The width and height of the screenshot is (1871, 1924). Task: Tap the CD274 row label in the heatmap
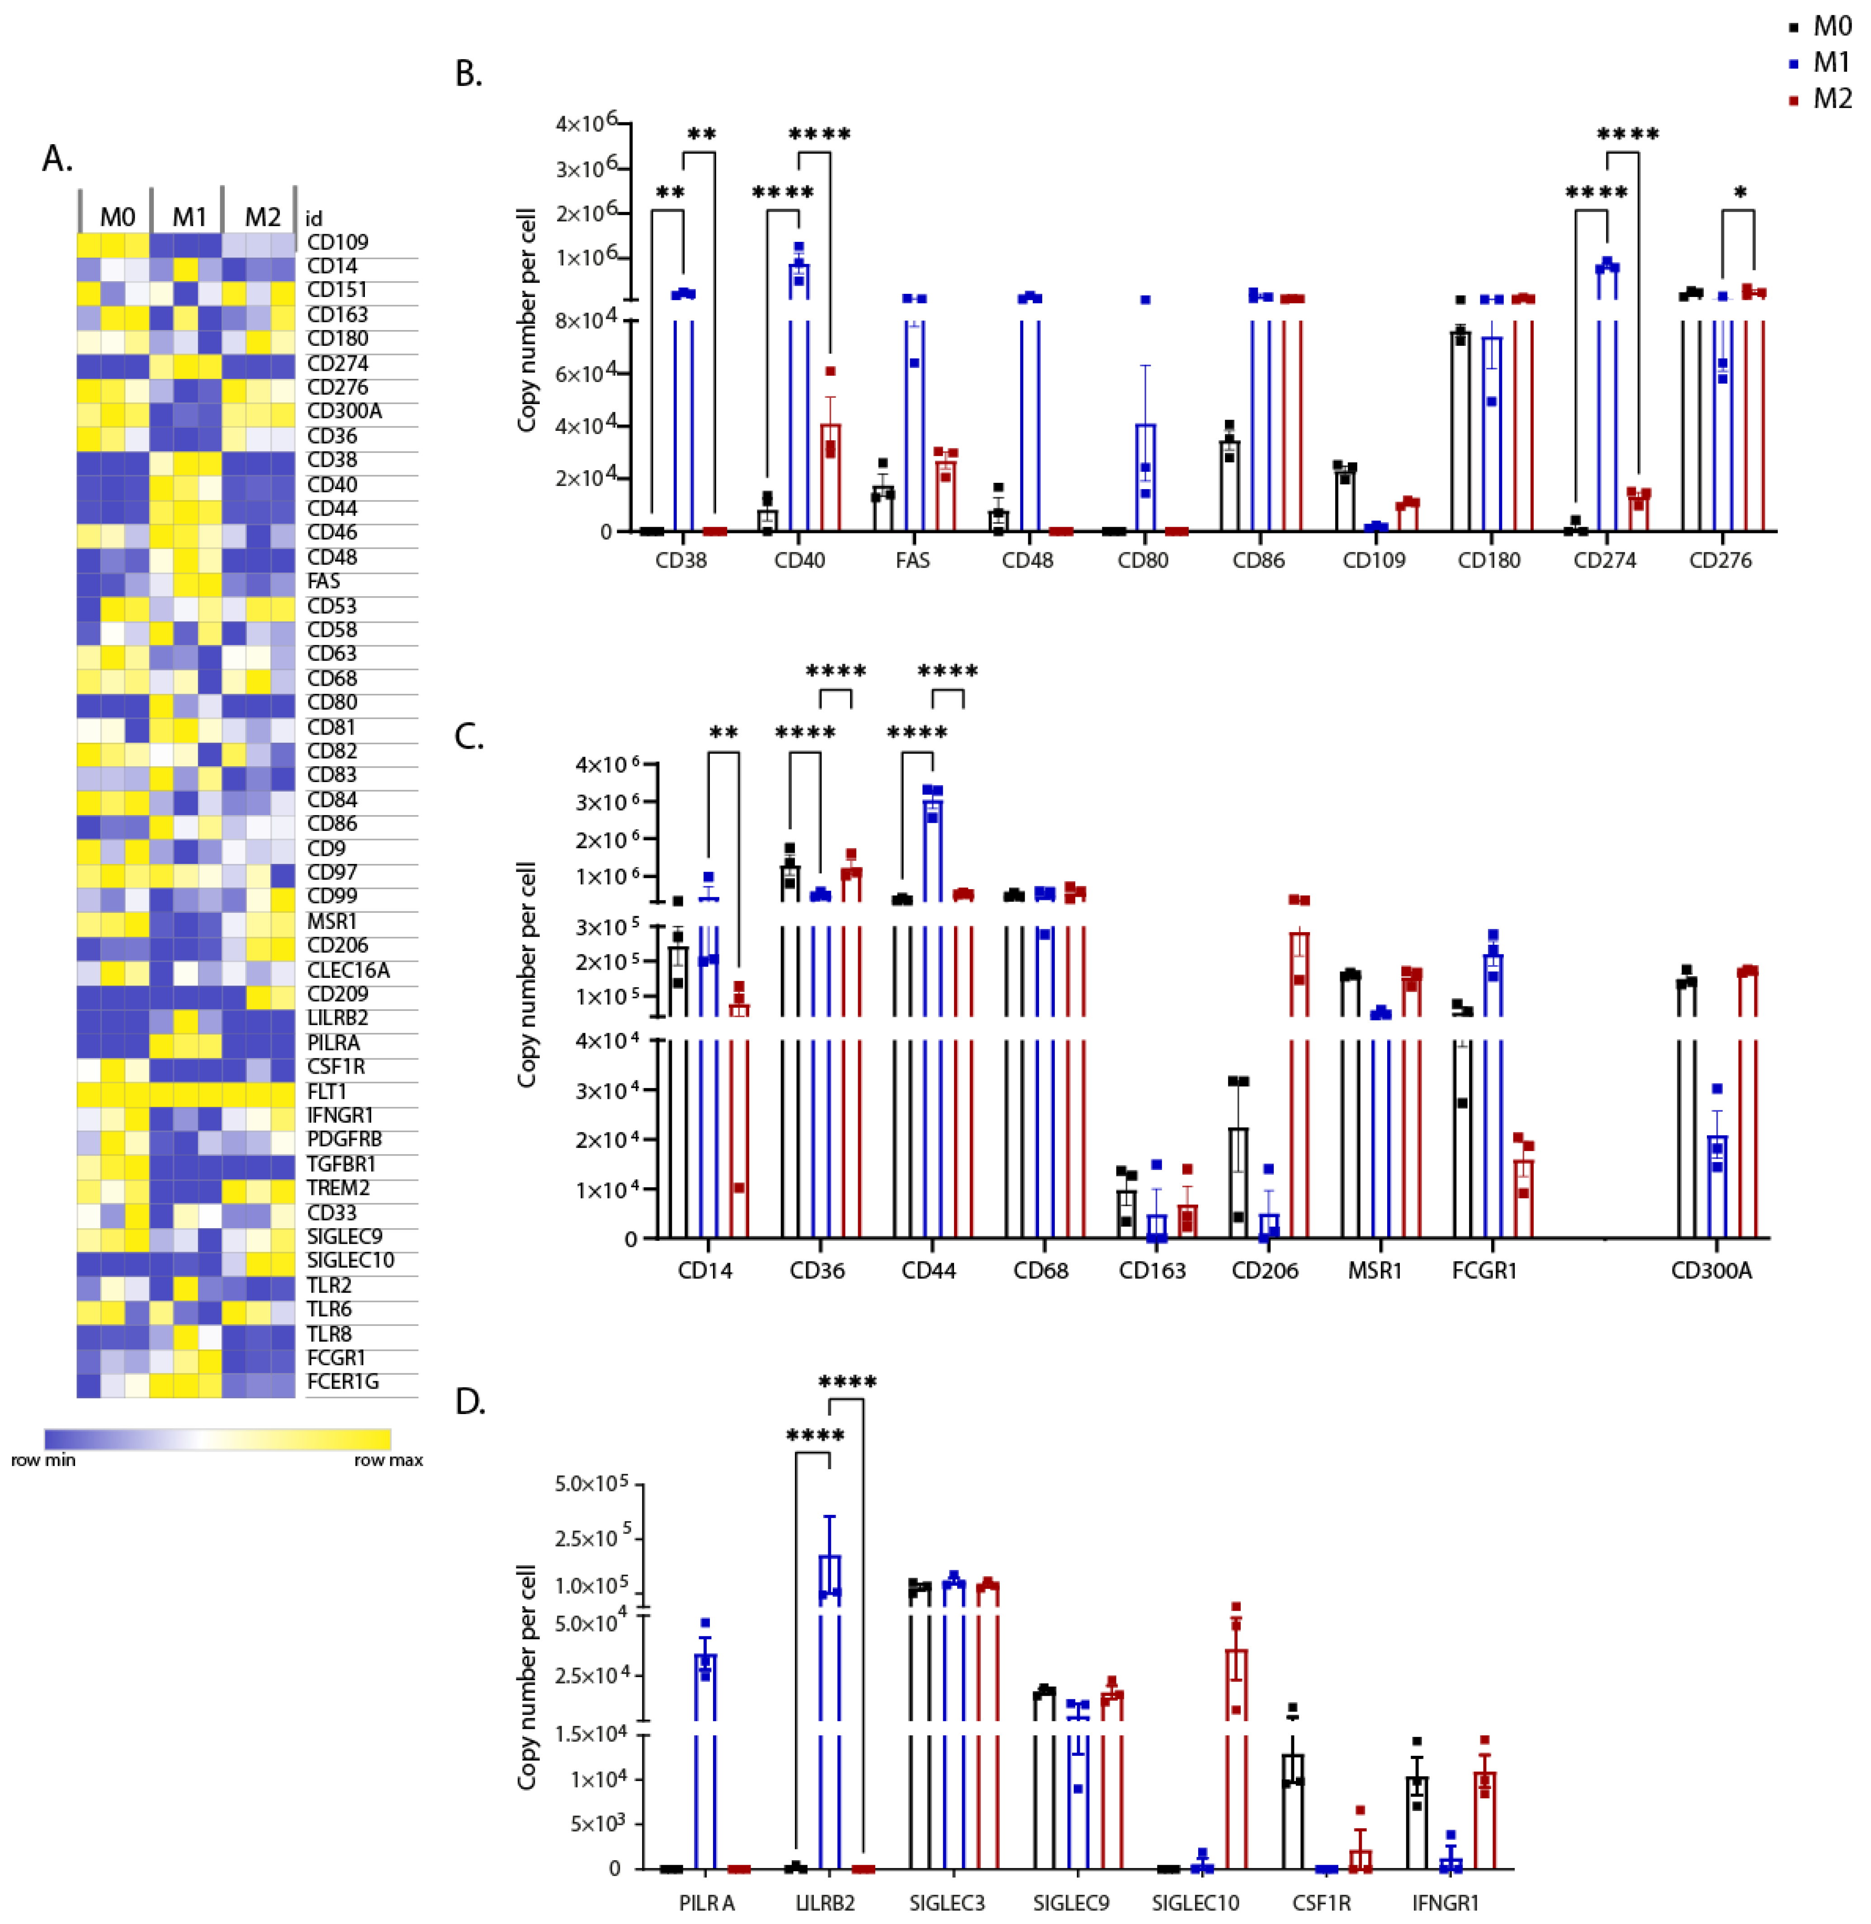point(337,363)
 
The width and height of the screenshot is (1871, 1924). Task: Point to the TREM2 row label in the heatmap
point(337,1188)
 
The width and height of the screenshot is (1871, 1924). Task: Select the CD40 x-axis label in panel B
point(799,560)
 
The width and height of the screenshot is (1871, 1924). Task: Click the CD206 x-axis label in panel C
point(1265,1271)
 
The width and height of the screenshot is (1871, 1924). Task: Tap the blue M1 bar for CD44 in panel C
point(931,983)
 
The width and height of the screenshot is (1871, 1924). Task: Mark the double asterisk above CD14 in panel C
point(723,733)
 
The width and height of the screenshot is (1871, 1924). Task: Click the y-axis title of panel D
point(528,1675)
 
